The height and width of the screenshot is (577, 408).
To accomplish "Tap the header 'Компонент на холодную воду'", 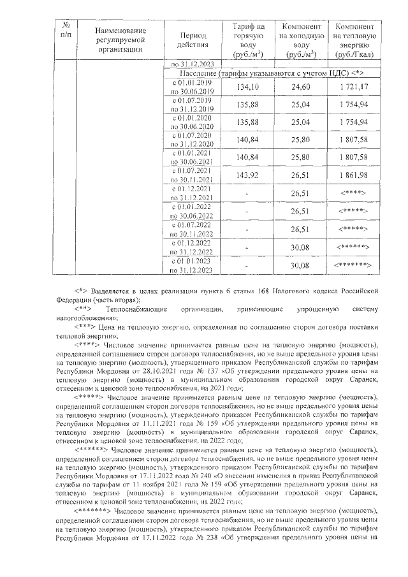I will (x=296, y=40).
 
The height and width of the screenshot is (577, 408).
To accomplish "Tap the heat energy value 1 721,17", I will (x=354, y=87).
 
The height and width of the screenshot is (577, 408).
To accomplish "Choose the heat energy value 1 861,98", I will (x=354, y=175).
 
